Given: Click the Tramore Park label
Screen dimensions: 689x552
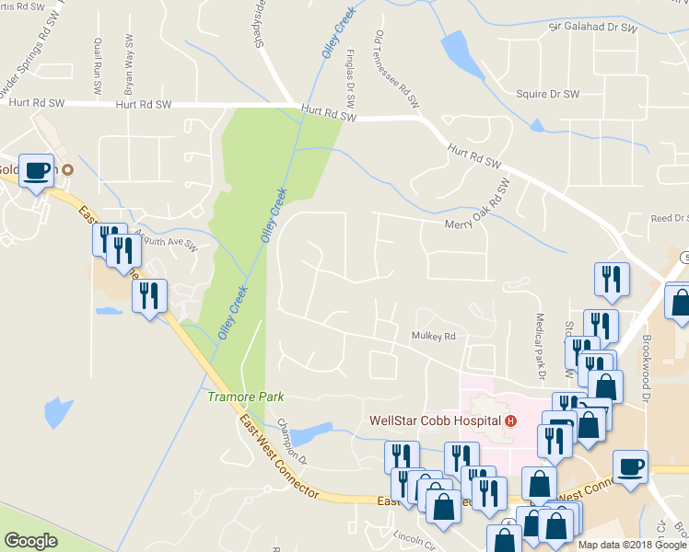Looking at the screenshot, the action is click(245, 397).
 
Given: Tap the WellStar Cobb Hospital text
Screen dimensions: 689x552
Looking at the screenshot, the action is click(434, 420).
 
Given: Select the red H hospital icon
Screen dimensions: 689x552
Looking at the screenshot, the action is click(509, 420).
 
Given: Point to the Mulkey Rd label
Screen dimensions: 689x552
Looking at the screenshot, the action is click(434, 337).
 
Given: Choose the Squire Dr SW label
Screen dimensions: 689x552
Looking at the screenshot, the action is click(547, 94).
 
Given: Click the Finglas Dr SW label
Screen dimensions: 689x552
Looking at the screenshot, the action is click(351, 82).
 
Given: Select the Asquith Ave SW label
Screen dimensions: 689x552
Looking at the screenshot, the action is click(166, 245).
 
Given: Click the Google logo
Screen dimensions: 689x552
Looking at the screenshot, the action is click(30, 541).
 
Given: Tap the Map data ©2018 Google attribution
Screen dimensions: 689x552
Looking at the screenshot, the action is click(631, 545).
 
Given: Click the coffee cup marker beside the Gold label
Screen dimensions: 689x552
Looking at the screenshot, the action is click(37, 171).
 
